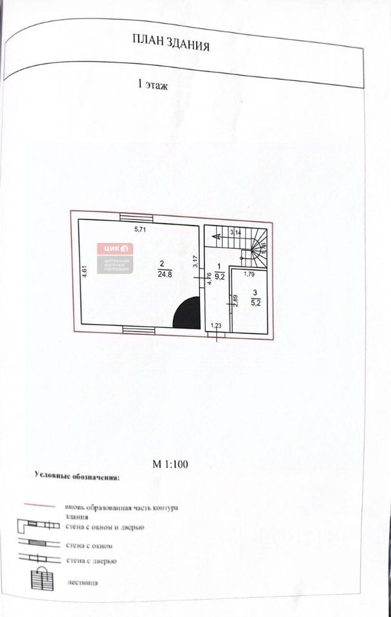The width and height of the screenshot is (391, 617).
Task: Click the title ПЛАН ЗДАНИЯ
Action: pos(171,44)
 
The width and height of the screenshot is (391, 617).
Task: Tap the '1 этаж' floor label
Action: pos(153,84)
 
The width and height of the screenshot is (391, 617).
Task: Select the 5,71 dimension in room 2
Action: pos(141,229)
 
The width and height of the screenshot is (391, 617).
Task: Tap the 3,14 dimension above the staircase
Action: pos(235,231)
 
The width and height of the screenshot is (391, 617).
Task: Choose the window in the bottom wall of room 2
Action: pos(138,330)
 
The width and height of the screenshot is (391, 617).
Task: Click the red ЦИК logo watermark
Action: pos(115,249)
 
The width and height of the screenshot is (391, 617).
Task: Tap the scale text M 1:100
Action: pos(168,463)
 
